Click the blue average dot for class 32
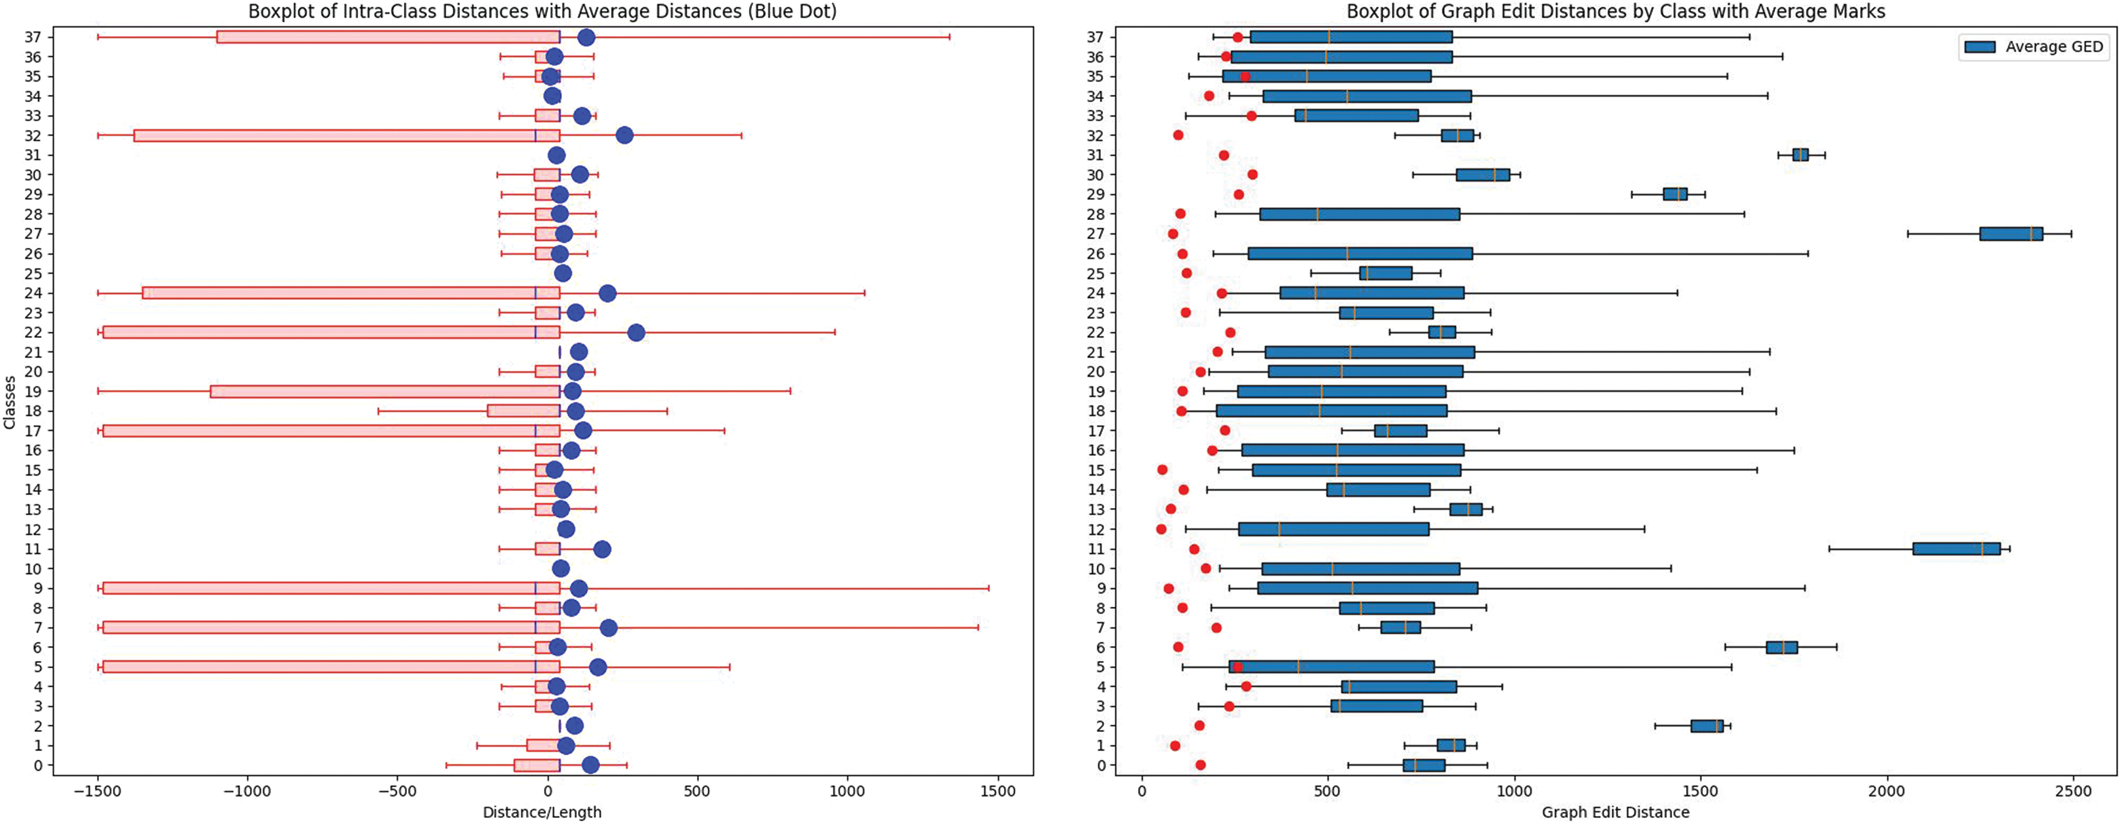pyautogui.click(x=624, y=136)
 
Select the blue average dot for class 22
pyautogui.click(x=636, y=333)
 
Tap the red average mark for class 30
pyautogui.click(x=1253, y=175)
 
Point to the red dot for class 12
pyautogui.click(x=1161, y=529)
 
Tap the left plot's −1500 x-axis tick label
pyautogui.click(x=98, y=791)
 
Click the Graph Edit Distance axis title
pyautogui.click(x=1615, y=812)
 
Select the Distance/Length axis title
pyautogui.click(x=542, y=812)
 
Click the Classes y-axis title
pyautogui.click(x=10, y=403)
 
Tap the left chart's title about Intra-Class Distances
pyautogui.click(x=542, y=12)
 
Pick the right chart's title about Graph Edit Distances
pyautogui.click(x=1615, y=12)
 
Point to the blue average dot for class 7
pyautogui.click(x=608, y=628)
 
